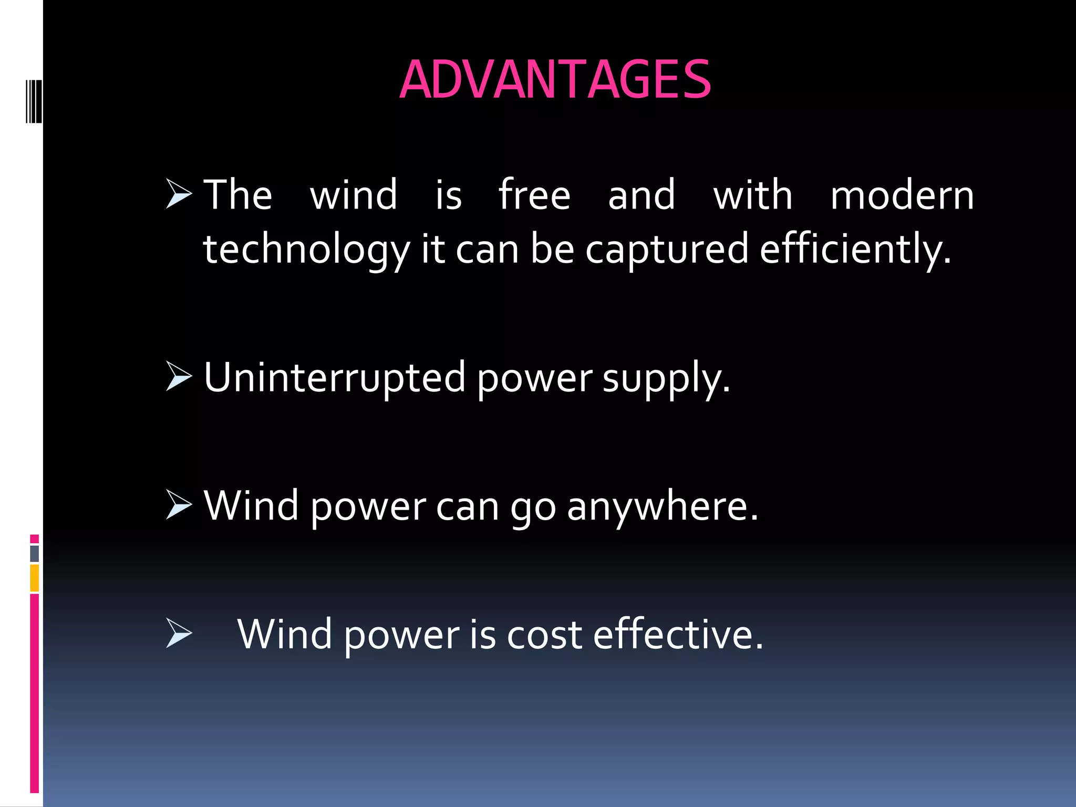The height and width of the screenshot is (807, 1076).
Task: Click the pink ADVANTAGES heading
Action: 555,80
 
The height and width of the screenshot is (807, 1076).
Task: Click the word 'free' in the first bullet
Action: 534,195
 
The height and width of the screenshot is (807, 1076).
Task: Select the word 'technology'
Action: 306,250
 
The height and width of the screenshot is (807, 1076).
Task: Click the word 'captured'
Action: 666,250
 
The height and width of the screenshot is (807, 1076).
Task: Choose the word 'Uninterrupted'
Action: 334,377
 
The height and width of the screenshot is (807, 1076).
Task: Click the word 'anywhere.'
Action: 663,506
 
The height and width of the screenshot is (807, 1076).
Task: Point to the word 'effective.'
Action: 678,635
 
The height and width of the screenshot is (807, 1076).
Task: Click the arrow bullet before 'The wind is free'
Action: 179,194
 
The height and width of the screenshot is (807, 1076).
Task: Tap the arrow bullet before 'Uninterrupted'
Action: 179,376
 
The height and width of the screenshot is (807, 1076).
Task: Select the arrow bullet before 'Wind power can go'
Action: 179,504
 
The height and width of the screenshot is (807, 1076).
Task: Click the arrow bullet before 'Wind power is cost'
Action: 179,633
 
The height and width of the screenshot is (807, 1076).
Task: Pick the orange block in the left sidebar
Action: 34,578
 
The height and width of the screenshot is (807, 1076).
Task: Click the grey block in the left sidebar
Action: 34,554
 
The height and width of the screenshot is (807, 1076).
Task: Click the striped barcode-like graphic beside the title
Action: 34,101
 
